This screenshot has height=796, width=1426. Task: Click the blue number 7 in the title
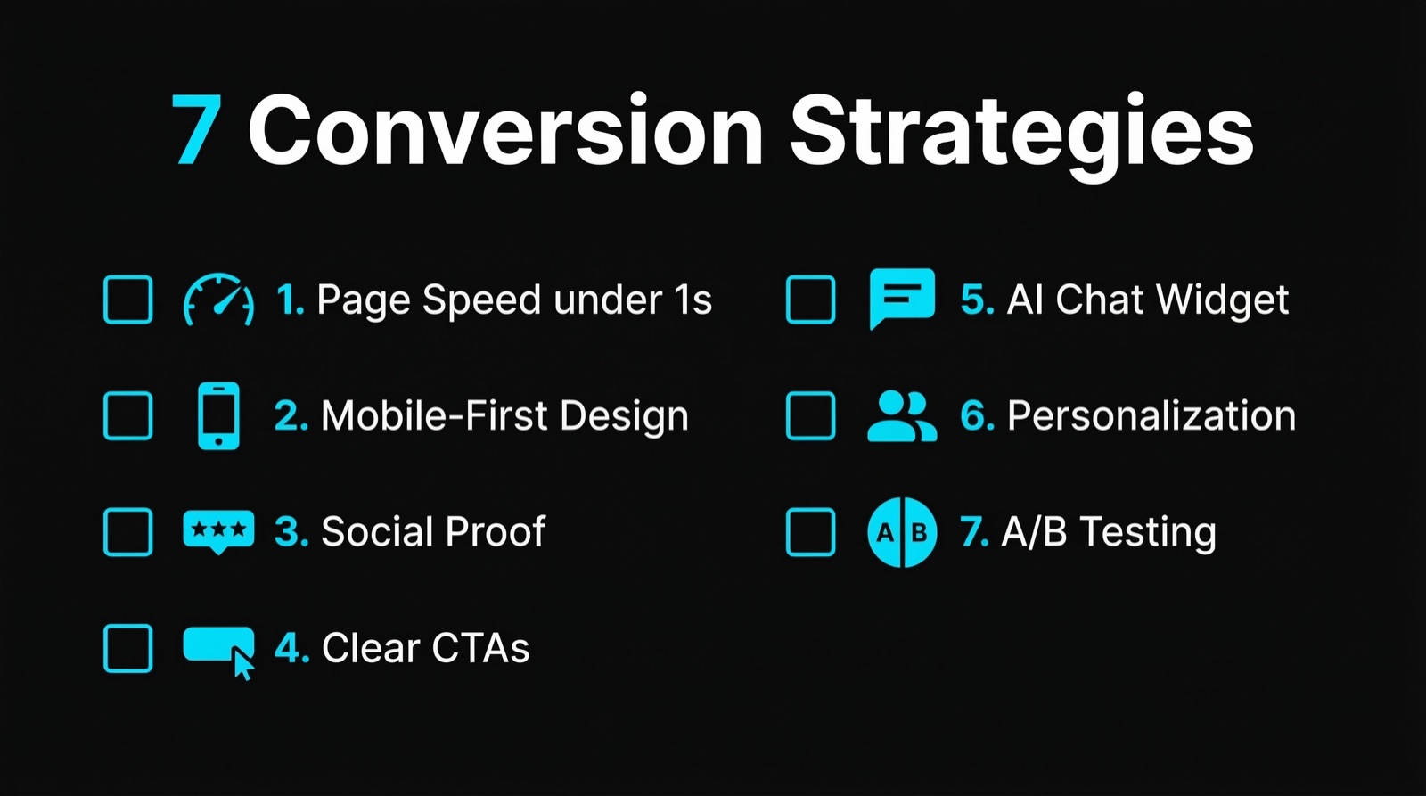[196, 130]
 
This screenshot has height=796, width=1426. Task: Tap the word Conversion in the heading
[505, 130]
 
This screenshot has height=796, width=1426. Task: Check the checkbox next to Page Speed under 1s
[128, 300]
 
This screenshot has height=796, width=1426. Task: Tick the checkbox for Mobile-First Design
[128, 415]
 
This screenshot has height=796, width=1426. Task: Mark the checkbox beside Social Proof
[128, 531]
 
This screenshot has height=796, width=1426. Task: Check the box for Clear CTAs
[128, 648]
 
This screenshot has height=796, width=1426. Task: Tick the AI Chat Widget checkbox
[810, 300]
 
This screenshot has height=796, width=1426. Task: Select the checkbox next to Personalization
[810, 415]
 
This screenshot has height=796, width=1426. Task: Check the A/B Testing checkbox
[810, 531]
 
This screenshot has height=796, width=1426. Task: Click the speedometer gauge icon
[218, 300]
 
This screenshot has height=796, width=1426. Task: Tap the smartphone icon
[218, 415]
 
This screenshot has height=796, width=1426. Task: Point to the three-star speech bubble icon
[218, 530]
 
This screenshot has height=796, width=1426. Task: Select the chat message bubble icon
[902, 298]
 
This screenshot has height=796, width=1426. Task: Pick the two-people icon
[902, 415]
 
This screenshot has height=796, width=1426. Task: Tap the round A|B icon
[902, 532]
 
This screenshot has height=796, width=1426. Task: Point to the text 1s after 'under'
[693, 300]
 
